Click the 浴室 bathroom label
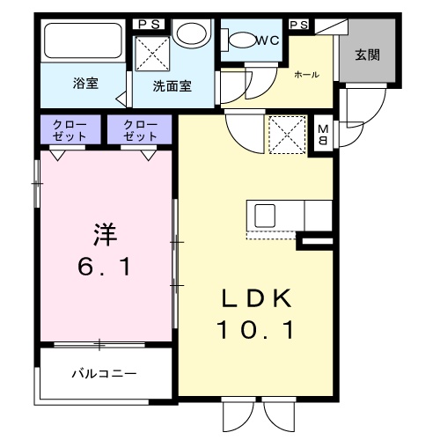85,85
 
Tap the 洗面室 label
172,86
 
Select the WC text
267,40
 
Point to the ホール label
307,75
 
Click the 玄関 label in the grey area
368,55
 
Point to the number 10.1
254,332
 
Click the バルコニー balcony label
104,373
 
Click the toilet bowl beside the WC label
239,40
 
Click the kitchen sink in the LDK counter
265,215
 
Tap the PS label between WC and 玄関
298,24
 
